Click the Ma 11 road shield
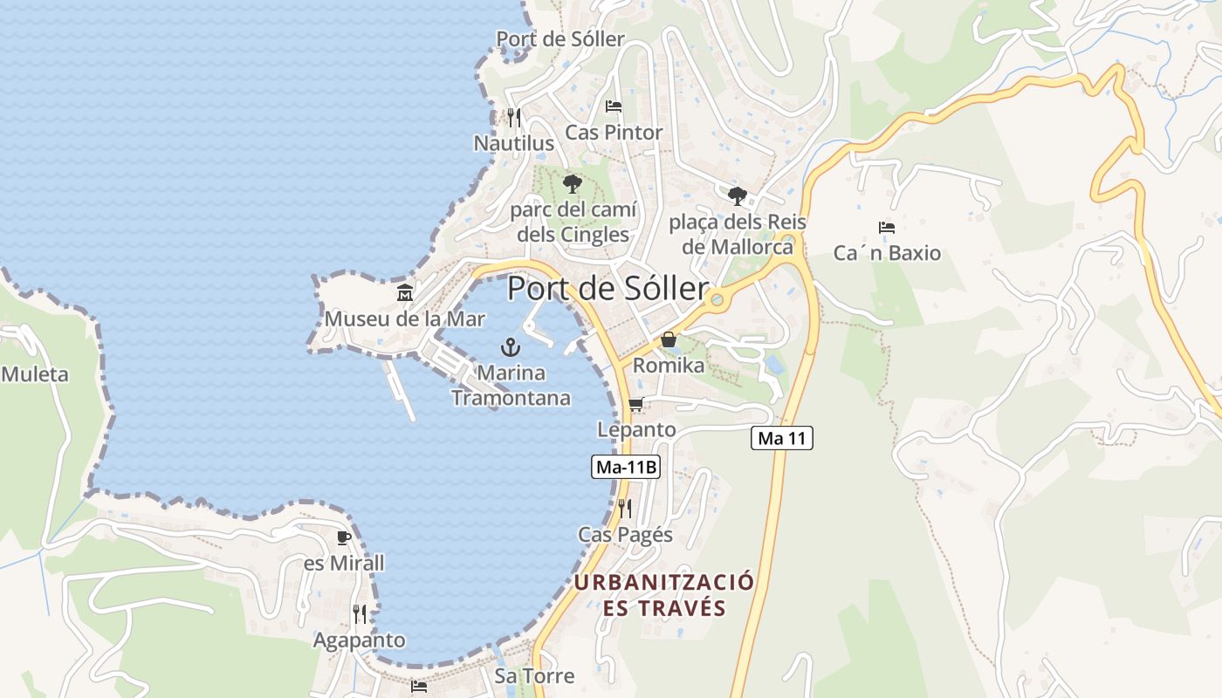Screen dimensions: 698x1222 781,438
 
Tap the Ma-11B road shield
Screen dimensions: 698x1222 625,467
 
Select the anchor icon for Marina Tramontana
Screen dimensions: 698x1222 511,347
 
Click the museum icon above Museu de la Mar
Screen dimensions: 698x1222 405,293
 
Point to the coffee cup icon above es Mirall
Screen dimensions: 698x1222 343,537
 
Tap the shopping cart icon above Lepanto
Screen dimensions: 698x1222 636,404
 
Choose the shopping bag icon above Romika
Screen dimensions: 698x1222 669,339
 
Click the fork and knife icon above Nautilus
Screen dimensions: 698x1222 513,117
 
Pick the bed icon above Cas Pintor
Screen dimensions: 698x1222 614,106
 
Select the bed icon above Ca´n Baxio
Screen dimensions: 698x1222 887,228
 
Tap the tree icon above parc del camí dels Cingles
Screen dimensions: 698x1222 573,183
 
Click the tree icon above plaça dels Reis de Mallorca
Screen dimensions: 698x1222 738,195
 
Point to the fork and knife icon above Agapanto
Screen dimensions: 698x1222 360,614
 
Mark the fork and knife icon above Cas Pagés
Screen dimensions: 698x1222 625,508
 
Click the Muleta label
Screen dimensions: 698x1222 35,375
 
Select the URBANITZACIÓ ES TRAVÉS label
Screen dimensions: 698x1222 664,595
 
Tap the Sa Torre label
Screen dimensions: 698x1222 534,675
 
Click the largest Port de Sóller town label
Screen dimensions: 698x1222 608,289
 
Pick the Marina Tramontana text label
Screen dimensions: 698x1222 511,386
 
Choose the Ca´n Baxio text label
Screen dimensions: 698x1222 887,253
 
